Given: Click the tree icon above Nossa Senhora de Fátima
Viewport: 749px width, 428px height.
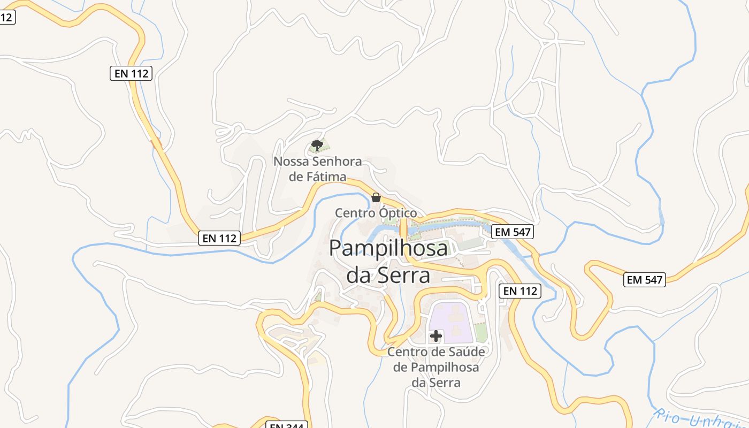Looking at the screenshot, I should [x=317, y=145].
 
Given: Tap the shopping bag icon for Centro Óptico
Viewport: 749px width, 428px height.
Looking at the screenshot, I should [x=376, y=197].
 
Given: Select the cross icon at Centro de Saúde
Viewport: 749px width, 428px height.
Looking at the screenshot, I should [x=436, y=336].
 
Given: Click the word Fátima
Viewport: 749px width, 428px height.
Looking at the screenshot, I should [x=325, y=177].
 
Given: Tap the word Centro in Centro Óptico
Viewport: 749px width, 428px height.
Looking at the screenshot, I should [x=355, y=213].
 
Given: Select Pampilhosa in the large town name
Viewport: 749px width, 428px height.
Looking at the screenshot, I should [x=388, y=248].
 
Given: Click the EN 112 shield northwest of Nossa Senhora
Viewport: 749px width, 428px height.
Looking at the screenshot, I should [x=131, y=73].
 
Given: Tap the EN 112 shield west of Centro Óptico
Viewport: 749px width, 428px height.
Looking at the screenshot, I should [x=219, y=238].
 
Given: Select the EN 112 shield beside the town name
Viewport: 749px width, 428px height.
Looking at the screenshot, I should [x=519, y=291].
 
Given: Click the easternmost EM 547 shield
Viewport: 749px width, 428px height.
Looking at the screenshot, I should [x=645, y=279].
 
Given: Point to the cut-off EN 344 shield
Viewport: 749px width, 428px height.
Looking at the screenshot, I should [x=287, y=425].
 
